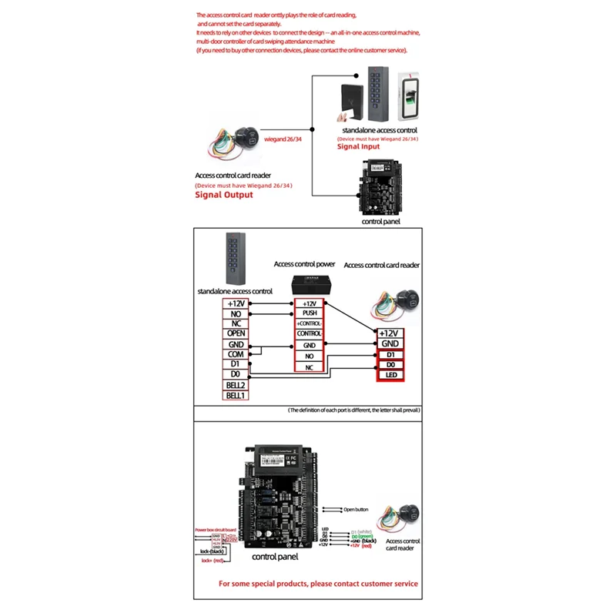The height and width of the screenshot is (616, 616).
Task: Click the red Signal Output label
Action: pos(223,195)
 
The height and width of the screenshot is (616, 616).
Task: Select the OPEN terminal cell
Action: pos(236,333)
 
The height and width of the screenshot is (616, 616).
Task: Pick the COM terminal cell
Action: pos(236,354)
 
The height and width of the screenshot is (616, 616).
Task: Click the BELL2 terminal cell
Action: pos(236,384)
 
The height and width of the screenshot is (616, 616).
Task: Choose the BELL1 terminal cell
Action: pos(236,395)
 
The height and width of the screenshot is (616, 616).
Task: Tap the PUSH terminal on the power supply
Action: pos(310,314)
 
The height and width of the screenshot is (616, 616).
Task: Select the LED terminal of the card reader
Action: pos(390,375)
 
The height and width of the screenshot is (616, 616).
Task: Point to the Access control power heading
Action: pos(304,264)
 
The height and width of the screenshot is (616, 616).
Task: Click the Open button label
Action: pos(357,509)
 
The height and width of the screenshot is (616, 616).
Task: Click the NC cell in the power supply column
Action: pos(310,369)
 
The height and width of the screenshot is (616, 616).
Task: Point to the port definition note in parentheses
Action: pos(354,411)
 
